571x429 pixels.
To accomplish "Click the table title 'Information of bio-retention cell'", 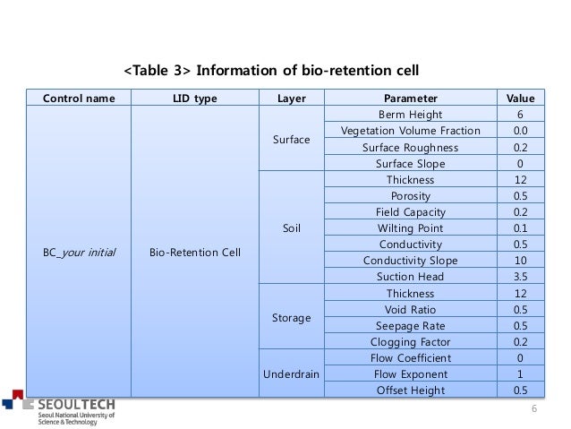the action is (270, 70).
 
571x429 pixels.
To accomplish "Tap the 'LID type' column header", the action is (193, 99).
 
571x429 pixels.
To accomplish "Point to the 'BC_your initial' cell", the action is (78, 252).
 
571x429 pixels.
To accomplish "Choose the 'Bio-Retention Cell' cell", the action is (193, 252).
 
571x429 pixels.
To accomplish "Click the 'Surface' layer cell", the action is (290, 140).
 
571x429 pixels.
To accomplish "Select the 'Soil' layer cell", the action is (290, 227).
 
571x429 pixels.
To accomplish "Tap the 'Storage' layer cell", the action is (290, 317).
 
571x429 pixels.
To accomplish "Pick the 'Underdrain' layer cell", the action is (290, 373).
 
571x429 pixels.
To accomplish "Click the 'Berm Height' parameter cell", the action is (410, 116).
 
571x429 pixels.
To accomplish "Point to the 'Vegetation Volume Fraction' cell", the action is (410, 132).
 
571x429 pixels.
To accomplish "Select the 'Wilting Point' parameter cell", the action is (410, 227).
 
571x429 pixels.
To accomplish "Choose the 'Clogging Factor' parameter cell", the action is (410, 341).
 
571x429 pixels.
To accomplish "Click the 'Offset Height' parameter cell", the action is (410, 390).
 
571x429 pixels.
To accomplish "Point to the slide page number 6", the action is (534, 408).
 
